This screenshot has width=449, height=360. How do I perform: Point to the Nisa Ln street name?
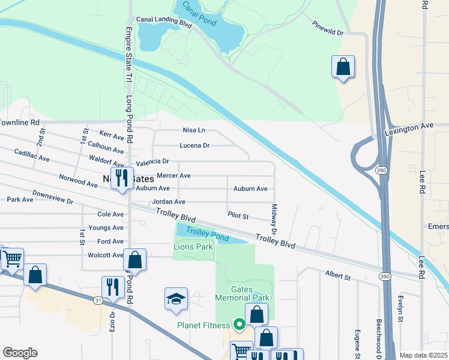(x=194, y=130)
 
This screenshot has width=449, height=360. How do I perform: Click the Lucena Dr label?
(x=194, y=145)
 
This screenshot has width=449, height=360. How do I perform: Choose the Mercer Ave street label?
(x=173, y=176)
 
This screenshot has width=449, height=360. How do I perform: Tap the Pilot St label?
(x=238, y=215)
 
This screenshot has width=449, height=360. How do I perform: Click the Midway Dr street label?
(x=274, y=218)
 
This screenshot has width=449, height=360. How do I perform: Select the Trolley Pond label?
(x=207, y=234)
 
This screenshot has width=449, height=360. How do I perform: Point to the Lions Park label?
(x=193, y=247)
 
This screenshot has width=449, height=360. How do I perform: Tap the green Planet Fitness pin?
(x=239, y=325)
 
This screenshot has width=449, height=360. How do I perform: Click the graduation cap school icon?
(x=176, y=299)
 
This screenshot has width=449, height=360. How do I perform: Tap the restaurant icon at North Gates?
(x=122, y=178)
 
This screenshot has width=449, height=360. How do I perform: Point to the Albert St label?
(x=338, y=277)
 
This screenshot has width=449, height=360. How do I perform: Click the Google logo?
(x=20, y=353)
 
